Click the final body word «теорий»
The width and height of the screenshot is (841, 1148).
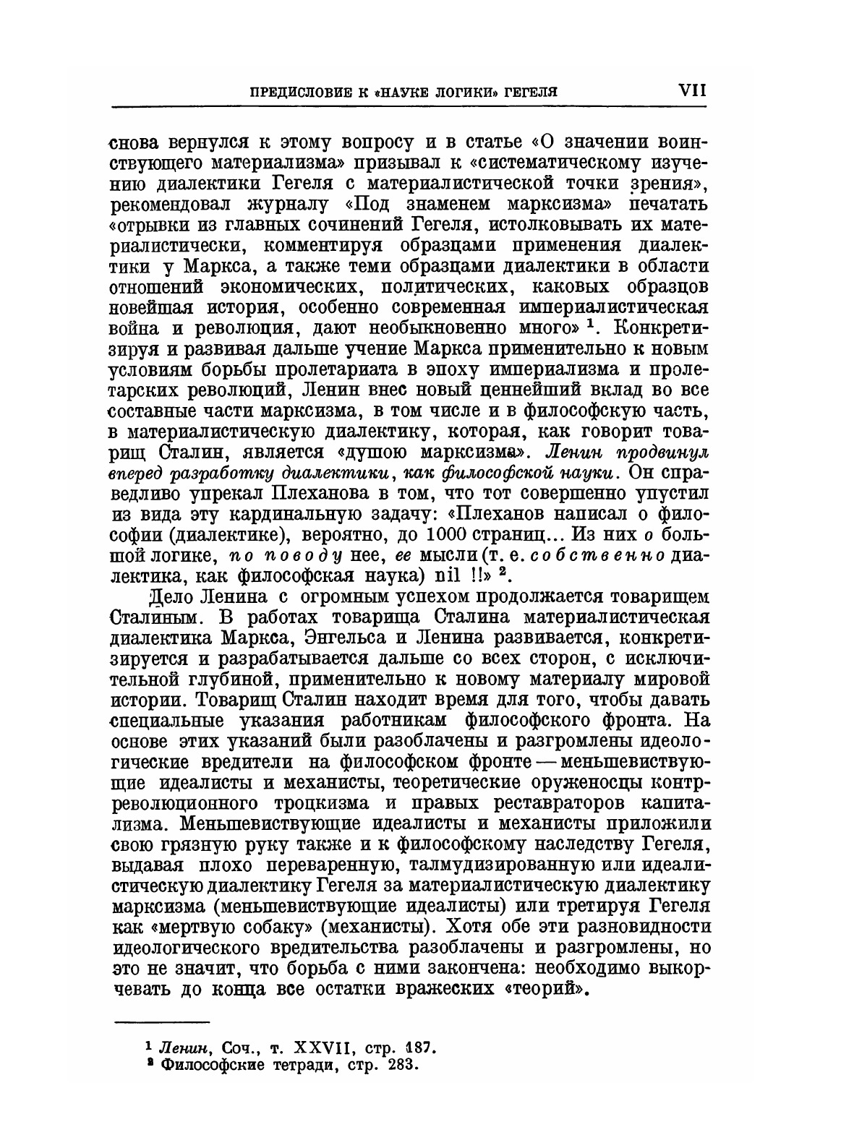[539, 988]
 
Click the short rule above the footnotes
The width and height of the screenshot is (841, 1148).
[162, 1022]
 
